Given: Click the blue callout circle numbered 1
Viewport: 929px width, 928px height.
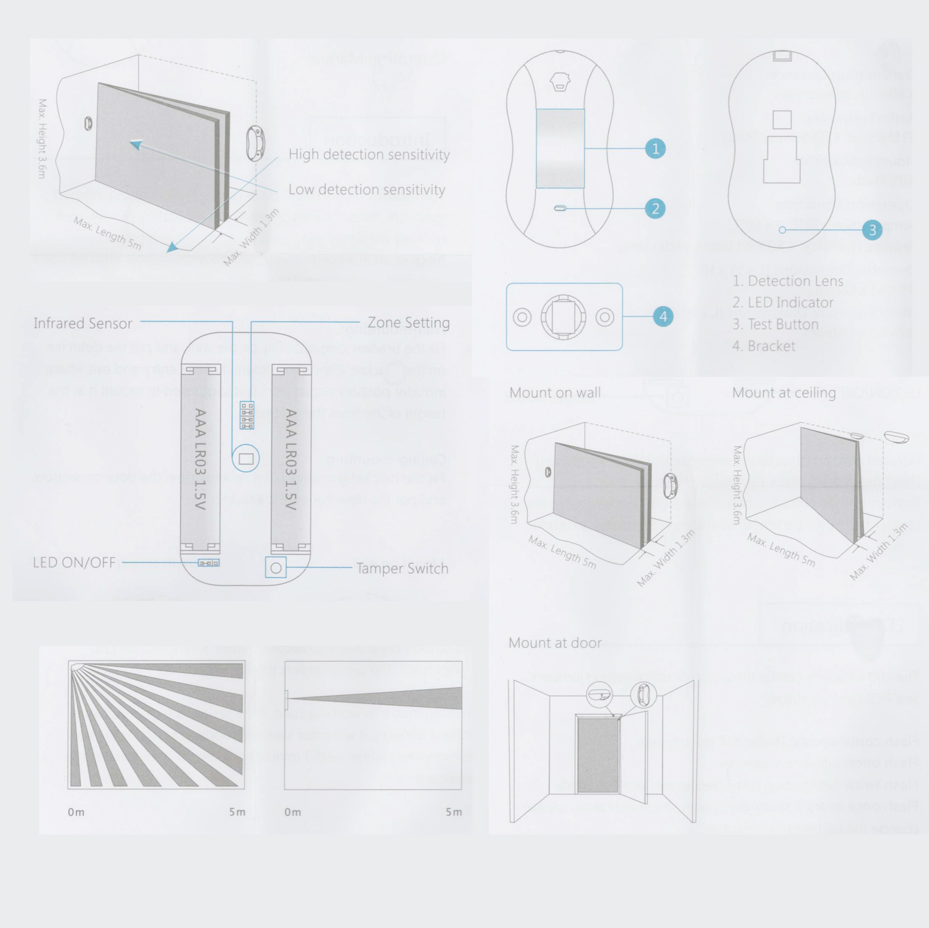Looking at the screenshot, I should (x=655, y=149).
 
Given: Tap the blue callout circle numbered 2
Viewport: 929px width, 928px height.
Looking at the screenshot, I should (x=655, y=209).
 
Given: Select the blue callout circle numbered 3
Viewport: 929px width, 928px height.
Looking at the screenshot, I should (x=872, y=230).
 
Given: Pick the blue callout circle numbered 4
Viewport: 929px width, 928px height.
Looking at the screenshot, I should (x=663, y=316).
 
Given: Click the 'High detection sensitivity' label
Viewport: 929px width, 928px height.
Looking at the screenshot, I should (x=369, y=155).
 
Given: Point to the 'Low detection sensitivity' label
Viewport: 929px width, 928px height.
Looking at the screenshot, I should (x=367, y=190).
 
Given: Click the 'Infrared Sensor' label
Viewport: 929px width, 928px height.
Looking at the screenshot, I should (x=82, y=323).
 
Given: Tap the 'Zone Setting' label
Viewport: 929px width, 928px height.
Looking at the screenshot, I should (x=408, y=323).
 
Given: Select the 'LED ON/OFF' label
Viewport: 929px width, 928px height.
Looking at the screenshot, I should (x=74, y=563).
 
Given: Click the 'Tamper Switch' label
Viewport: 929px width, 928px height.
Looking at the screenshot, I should (x=402, y=568).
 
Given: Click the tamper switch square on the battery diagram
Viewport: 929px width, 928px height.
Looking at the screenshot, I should (x=276, y=568).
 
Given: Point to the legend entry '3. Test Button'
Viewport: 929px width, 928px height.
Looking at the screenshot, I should (x=775, y=324).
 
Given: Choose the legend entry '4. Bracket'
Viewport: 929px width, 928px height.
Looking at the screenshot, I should (x=764, y=346).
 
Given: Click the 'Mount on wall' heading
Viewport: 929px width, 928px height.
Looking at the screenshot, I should (x=555, y=392).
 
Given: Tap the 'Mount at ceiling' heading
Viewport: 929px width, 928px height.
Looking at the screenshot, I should (x=783, y=392).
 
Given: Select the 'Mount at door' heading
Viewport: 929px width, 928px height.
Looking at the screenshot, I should (x=555, y=643).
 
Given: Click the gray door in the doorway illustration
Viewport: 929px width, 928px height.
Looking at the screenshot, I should (x=598, y=755).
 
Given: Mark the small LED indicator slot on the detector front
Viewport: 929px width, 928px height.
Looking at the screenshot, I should (x=560, y=209).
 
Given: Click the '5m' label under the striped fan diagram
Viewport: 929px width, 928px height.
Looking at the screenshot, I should (x=237, y=812).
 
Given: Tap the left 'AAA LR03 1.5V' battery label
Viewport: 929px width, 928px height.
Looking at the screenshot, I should (x=199, y=458).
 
